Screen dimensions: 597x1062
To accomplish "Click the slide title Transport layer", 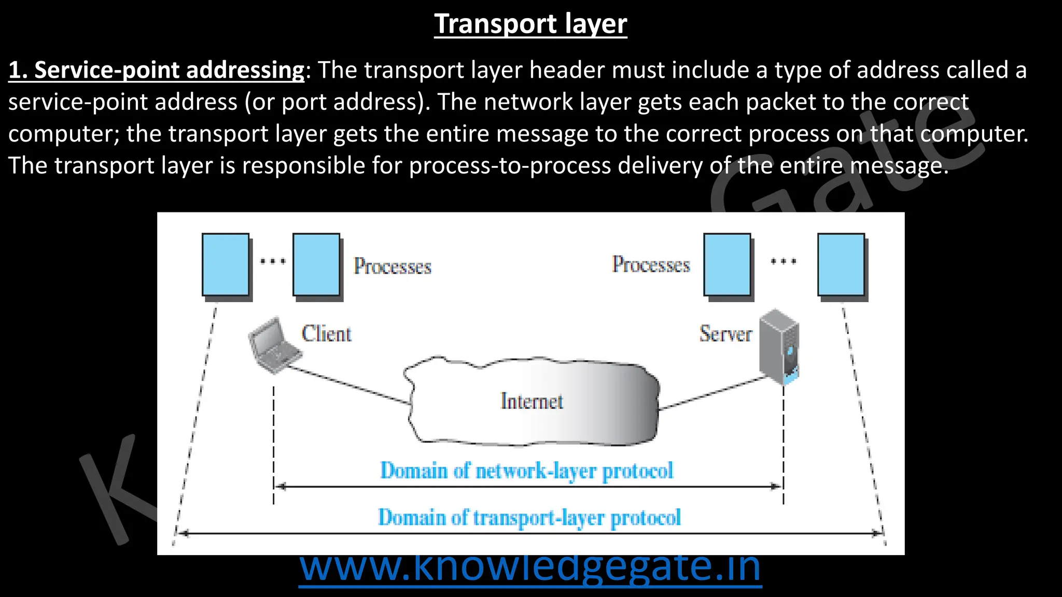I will point(530,24).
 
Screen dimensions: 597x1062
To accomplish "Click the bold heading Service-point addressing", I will point(156,70).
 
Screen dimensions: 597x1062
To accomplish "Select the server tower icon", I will point(779,346).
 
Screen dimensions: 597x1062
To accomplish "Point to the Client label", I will point(327,334).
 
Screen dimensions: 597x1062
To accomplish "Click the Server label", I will point(725,334).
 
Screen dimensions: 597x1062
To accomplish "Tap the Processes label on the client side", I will point(393,266).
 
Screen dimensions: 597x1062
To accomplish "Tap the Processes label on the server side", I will point(651,265).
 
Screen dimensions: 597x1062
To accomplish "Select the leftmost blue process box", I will point(226,265).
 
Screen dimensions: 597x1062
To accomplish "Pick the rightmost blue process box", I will point(841,265).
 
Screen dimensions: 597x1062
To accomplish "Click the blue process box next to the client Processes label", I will point(316,265).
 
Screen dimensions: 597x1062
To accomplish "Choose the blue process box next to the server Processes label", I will point(727,265).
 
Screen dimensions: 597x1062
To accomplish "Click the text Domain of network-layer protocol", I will point(527,471).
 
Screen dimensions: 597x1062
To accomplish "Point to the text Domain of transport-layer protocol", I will point(529,517).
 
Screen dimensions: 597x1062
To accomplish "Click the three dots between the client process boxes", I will point(273,261).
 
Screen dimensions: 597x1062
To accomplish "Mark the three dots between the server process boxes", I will point(783,261).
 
